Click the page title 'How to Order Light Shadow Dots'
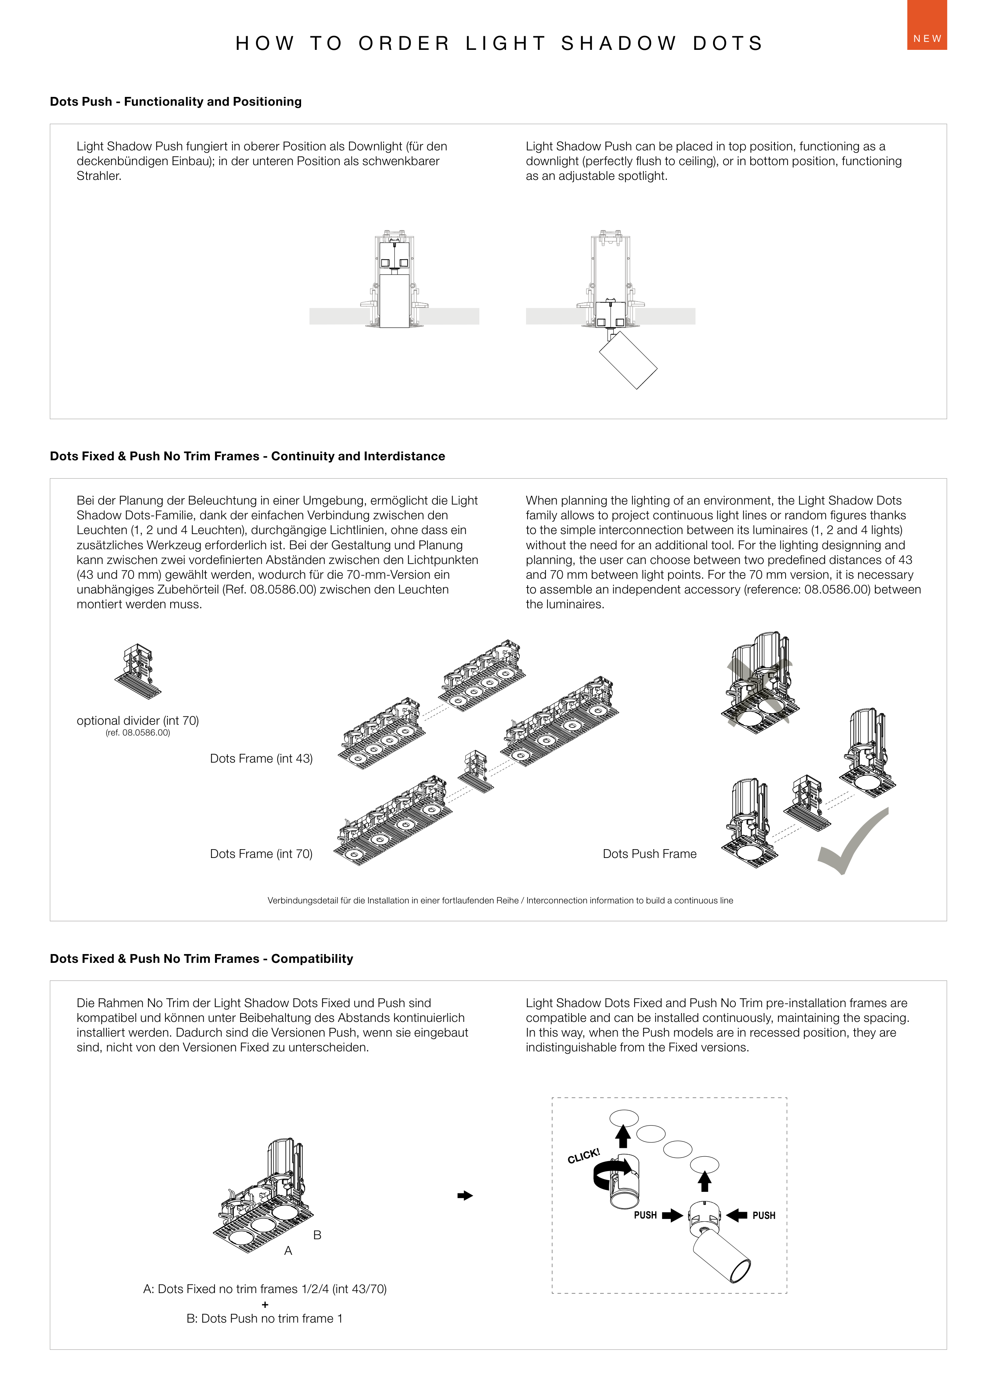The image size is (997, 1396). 499,43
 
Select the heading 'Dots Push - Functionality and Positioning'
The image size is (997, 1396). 175,101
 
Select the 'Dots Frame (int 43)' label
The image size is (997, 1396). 261,758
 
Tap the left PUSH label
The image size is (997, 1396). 645,1215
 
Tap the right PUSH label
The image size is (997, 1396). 764,1215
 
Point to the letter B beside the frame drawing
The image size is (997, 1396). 317,1234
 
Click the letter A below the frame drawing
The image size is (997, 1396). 288,1250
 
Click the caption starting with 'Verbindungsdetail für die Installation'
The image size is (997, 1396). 500,901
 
